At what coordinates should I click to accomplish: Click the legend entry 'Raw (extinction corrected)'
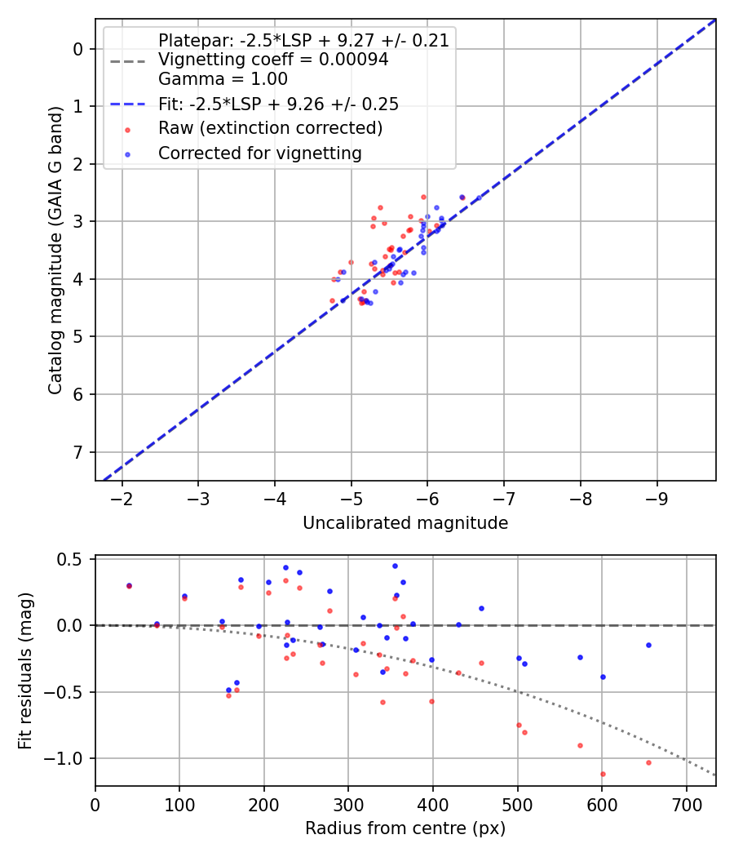[x=270, y=128]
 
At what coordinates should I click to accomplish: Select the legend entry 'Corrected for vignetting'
[x=260, y=153]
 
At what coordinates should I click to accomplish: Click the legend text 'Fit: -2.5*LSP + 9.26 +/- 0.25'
[x=278, y=104]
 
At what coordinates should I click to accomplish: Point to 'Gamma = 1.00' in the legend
[x=223, y=79]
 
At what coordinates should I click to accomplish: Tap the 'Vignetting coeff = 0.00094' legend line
[x=273, y=60]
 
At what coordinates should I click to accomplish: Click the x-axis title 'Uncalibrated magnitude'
[x=405, y=523]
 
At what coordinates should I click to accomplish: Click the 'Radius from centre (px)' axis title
[x=405, y=828]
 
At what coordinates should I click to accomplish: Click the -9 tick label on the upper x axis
[x=657, y=499]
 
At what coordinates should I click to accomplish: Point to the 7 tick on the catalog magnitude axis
[x=79, y=452]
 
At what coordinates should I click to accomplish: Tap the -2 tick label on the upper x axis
[x=122, y=499]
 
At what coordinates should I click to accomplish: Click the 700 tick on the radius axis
[x=686, y=804]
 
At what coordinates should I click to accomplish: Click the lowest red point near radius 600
[x=603, y=774]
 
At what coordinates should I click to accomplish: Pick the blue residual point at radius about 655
[x=648, y=645]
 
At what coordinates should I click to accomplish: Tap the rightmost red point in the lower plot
[x=648, y=762]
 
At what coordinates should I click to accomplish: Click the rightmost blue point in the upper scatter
[x=479, y=198]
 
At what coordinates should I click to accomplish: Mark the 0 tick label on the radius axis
[x=95, y=804]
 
